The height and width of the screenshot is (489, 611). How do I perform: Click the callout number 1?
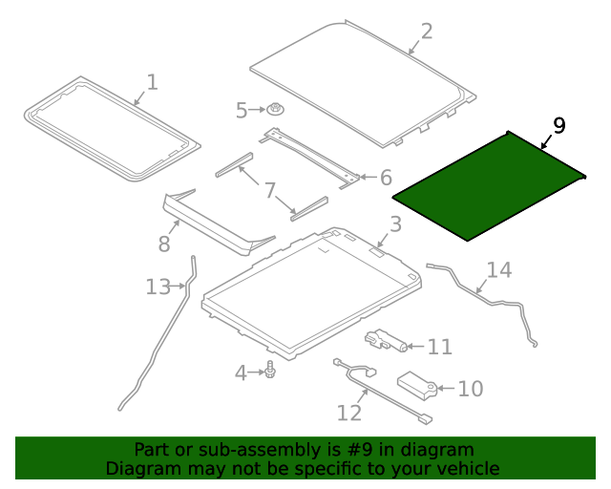point(153,82)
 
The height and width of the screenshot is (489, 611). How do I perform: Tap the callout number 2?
point(427,32)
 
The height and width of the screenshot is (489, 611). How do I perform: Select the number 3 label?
point(395,224)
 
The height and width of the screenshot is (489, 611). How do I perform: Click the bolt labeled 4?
point(269,370)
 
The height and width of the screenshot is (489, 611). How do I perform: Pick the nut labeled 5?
point(275,109)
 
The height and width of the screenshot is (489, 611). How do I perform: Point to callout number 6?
point(386,178)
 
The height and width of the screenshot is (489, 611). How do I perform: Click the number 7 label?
point(270,191)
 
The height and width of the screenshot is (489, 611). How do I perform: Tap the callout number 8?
point(164,244)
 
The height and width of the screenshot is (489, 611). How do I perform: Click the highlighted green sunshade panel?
point(489,185)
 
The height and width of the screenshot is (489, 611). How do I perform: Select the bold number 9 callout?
point(559,125)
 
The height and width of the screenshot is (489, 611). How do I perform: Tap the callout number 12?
point(349,413)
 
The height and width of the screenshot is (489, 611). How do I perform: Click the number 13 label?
point(158,287)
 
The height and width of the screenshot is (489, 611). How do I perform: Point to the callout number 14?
point(499,270)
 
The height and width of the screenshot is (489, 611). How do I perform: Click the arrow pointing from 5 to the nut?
point(257,110)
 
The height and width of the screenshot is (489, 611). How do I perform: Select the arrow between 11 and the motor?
point(416,346)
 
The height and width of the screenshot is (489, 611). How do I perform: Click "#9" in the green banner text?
point(360,450)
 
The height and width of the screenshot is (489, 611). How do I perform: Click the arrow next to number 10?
point(446,388)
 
